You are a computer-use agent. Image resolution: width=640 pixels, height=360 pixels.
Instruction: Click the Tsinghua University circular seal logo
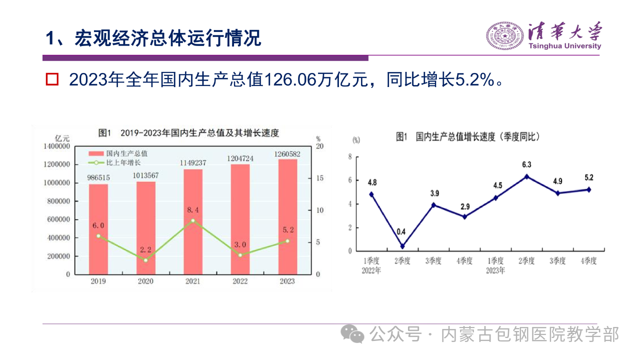click(505, 35)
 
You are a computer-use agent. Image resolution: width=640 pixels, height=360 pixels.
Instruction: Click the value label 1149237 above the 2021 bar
click(192, 163)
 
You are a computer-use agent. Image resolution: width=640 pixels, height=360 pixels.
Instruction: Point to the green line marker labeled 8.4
click(193, 220)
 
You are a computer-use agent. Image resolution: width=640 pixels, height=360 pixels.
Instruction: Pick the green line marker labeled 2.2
click(145, 260)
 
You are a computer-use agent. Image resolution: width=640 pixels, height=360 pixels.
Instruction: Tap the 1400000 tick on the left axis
click(56, 146)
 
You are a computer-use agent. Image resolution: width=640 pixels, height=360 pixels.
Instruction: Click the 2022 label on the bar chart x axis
click(240, 281)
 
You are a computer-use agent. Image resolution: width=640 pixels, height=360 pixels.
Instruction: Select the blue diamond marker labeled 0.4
click(402, 246)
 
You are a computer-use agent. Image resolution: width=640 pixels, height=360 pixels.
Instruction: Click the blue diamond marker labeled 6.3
click(526, 176)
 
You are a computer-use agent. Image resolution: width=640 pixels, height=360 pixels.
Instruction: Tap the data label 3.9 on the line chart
click(433, 193)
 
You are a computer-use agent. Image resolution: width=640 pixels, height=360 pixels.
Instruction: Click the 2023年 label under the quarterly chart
click(494, 270)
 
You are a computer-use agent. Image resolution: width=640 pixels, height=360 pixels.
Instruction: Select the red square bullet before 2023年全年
click(52, 79)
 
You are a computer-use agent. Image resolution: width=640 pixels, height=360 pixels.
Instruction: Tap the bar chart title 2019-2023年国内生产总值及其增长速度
click(199, 133)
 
